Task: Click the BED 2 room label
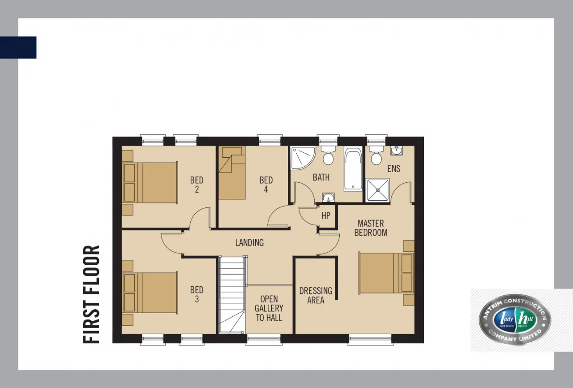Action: (x=197, y=185)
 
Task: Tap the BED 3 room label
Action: (x=197, y=294)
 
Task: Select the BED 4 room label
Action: (x=266, y=185)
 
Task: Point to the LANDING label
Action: (x=249, y=243)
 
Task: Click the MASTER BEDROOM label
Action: (x=371, y=228)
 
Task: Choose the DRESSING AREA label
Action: (x=316, y=295)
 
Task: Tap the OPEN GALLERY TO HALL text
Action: (x=269, y=308)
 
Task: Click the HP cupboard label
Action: (x=326, y=216)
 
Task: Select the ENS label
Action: (x=393, y=168)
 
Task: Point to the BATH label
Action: (x=321, y=177)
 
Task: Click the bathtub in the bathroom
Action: (x=353, y=168)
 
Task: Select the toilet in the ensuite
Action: (x=376, y=155)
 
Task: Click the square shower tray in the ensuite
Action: (x=377, y=190)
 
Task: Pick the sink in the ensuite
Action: (x=396, y=151)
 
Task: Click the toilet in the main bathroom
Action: (x=328, y=155)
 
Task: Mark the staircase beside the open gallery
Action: (x=232, y=294)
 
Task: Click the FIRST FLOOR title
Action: (x=91, y=294)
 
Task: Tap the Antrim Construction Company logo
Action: (x=514, y=319)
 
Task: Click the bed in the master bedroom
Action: (x=386, y=273)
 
